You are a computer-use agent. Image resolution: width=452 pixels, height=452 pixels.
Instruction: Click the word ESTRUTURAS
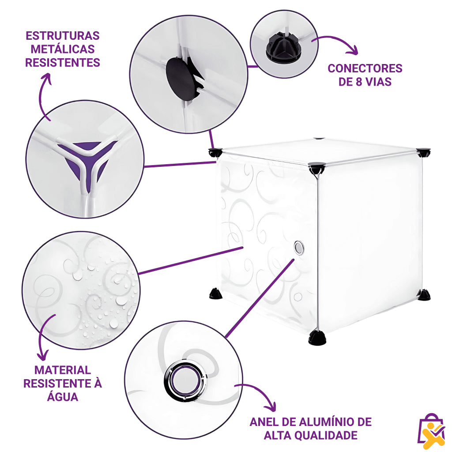click(62, 36)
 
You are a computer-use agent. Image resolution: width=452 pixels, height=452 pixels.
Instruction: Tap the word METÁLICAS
click(62, 49)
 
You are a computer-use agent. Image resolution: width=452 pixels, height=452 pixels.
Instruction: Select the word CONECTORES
click(365, 68)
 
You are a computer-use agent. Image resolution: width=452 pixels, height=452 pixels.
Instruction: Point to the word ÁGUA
click(62, 397)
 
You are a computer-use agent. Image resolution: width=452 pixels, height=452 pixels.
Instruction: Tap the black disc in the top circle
click(181, 79)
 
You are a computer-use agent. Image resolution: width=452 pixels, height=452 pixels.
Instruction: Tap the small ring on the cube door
click(299, 248)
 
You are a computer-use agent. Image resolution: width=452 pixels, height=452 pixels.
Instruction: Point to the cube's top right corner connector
click(423, 152)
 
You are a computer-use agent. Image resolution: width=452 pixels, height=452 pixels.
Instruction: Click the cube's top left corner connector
click(216, 152)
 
